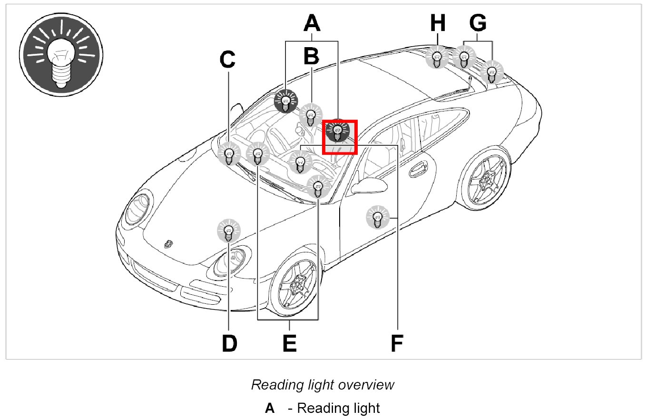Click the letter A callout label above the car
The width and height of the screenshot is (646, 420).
pos(312,23)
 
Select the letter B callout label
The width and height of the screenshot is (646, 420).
pos(312,56)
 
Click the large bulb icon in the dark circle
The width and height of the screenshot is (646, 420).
pos(61,55)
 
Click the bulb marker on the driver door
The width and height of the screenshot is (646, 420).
pos(377,218)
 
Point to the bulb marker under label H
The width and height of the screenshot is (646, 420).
pos(436,57)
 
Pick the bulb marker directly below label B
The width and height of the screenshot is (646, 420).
pos(311,115)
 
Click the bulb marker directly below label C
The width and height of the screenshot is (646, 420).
pos(229,154)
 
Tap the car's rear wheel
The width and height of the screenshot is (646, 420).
pos(485,179)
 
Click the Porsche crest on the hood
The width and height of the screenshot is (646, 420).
pos(168,244)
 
